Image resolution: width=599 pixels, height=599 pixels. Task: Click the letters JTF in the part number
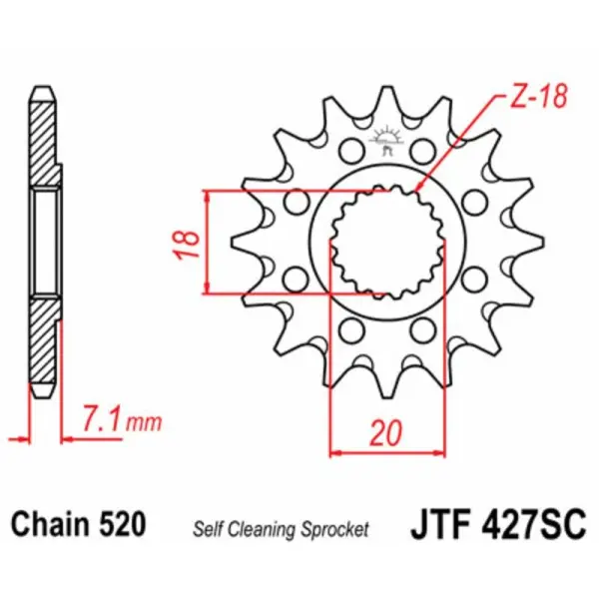click(440, 523)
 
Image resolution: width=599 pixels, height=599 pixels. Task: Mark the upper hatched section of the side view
click(44, 140)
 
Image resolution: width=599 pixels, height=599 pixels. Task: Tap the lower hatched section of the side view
click(44, 344)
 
